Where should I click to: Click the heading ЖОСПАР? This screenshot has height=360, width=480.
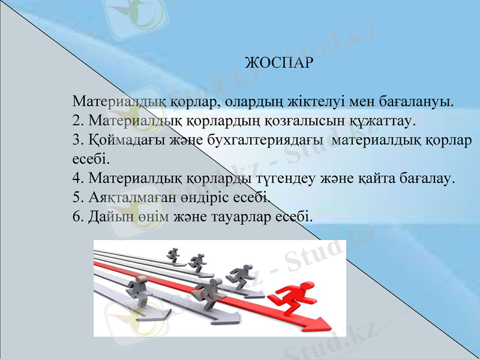pyautogui.click(x=280, y=62)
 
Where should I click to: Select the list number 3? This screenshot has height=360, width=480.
pyautogui.click(x=76, y=140)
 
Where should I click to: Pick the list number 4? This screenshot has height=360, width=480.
pyautogui.click(x=76, y=178)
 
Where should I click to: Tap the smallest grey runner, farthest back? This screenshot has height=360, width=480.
pyautogui.click(x=174, y=254)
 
